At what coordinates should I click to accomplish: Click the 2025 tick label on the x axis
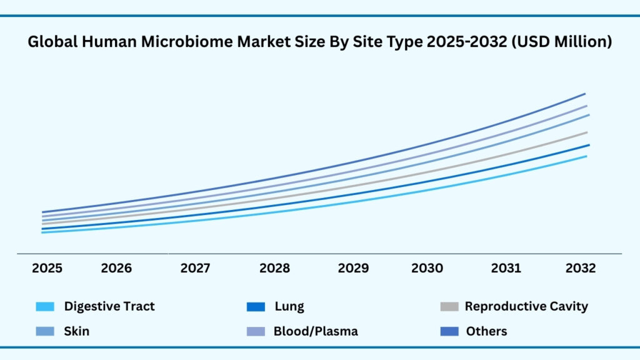tap(47, 268)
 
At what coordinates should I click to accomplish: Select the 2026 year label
tap(116, 268)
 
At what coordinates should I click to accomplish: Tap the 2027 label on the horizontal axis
tap(196, 268)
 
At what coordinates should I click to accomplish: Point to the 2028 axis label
tap(274, 268)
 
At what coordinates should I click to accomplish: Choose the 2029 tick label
tap(353, 268)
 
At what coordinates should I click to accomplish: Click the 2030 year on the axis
tap(427, 268)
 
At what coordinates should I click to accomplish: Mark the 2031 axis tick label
tap(506, 268)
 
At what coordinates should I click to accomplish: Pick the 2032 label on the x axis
tap(581, 268)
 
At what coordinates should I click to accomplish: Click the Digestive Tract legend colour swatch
tap(46, 307)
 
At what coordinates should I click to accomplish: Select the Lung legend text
tap(289, 306)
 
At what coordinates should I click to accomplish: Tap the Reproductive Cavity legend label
tap(526, 306)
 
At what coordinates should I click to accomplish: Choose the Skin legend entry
tap(76, 331)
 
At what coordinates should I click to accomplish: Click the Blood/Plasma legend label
tap(316, 331)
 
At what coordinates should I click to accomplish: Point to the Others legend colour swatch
tap(449, 331)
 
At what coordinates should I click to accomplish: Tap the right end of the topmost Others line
tap(584, 94)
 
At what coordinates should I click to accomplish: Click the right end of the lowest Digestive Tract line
tap(586, 156)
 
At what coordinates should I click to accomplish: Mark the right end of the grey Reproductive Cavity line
tap(587, 132)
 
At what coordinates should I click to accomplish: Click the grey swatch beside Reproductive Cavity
tap(449, 307)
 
